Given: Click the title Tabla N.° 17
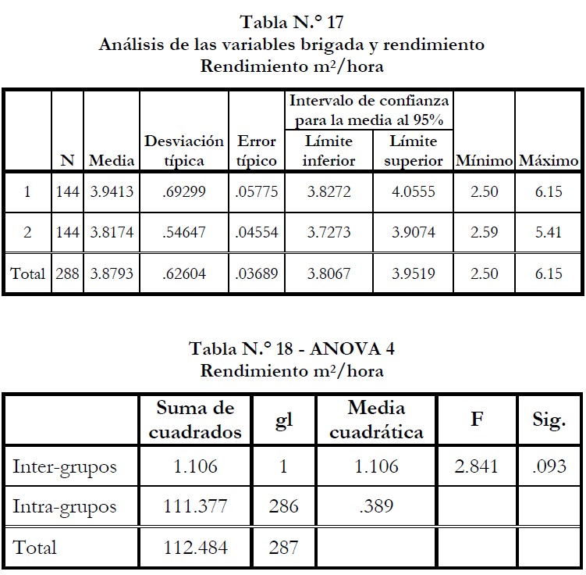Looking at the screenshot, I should pos(292,22).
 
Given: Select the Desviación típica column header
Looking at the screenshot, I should pos(183,151).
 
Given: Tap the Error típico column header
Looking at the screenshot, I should pos(257,151).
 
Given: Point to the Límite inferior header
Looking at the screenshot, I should pos(329,151).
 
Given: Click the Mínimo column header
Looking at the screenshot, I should pos(484,161).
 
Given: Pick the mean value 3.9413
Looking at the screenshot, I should pos(112,192).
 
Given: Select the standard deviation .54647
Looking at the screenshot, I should pos(183,234).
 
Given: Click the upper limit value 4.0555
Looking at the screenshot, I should pos(413,192).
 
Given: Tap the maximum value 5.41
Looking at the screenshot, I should pos(549,234).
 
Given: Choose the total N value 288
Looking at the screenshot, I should pos(68,274).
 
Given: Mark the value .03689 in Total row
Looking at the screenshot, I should pos(257,274).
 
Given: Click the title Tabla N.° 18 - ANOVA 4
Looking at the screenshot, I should pos(292,348).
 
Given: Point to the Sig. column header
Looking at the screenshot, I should pos(549,420).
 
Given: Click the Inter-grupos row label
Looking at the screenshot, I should pos(65,467).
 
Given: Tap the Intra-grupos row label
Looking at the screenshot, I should pos(65,507).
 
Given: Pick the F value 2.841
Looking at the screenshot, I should pos(476,467).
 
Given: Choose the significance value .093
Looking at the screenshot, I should pos(549,467).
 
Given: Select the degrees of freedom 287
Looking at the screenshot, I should pos(282,548).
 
